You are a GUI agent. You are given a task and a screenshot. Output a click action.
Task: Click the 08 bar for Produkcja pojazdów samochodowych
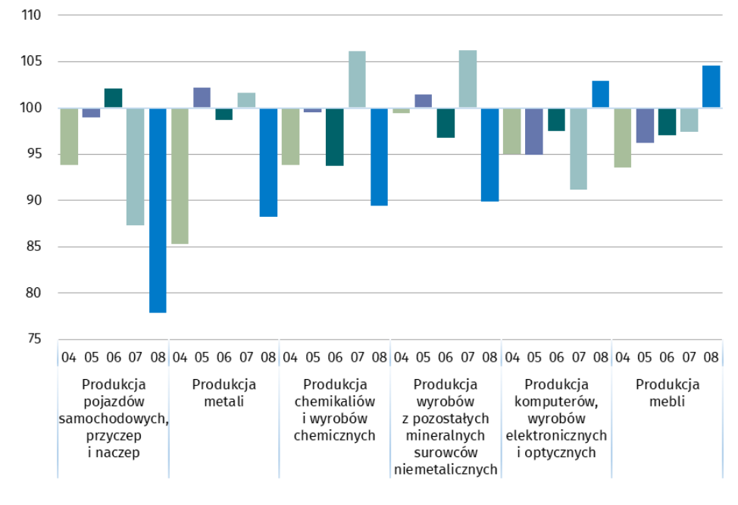coord(158,210)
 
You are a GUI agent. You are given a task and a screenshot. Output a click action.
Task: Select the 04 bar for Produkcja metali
coord(180,176)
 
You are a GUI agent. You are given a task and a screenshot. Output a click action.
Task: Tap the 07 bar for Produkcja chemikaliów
coord(357,80)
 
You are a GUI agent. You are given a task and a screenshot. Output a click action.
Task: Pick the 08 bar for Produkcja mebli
coord(711,86)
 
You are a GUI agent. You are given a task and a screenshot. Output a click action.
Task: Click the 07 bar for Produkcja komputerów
coord(578,149)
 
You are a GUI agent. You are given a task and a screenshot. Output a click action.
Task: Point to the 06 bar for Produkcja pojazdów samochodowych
coord(113,98)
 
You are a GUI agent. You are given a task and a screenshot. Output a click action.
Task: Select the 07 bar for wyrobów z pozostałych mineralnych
coord(468,79)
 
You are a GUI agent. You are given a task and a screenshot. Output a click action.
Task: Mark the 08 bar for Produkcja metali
coord(268,162)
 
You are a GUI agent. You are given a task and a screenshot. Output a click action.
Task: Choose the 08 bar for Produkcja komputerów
coord(600,94)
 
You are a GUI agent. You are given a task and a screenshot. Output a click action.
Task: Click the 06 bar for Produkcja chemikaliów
coord(335,136)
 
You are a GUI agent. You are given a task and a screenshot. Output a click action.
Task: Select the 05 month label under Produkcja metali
coord(202,356)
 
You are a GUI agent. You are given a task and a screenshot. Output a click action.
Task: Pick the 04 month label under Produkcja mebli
coord(623,356)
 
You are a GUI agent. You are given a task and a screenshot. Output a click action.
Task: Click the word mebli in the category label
coord(667,402)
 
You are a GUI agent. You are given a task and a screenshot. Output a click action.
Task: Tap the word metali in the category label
coord(224,402)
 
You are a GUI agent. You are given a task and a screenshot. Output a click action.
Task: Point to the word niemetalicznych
coord(446,469)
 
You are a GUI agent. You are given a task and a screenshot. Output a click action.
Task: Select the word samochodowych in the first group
coord(113,419)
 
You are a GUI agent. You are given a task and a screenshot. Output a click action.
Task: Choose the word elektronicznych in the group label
coord(556,435)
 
